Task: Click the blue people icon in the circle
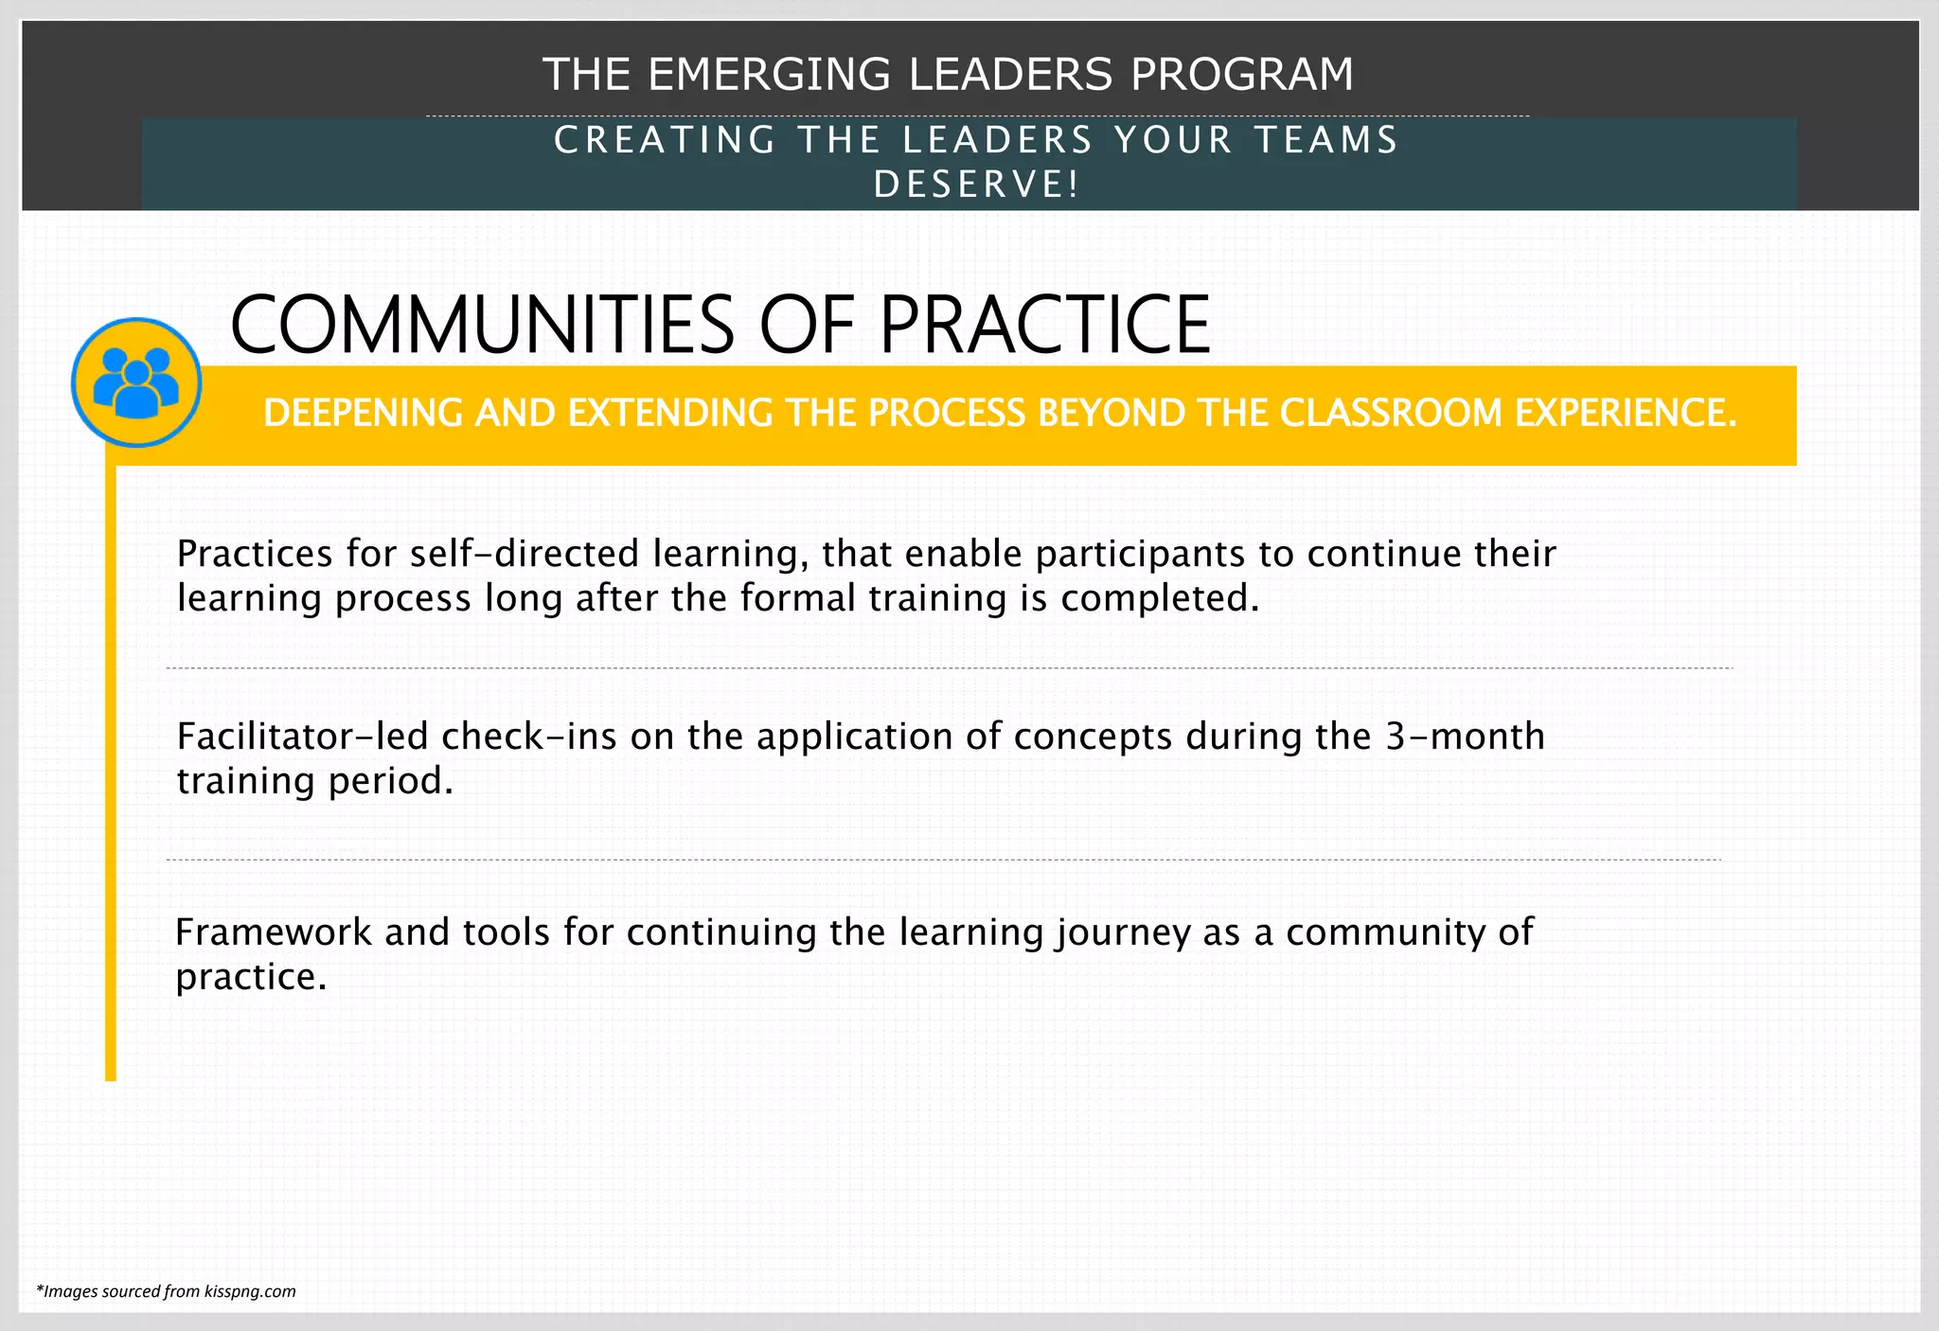click(x=136, y=382)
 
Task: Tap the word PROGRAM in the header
click(x=1242, y=74)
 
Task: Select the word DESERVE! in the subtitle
click(x=976, y=184)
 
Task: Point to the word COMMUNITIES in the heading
click(x=482, y=325)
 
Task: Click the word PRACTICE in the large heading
click(x=1045, y=325)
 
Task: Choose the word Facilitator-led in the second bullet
click(x=302, y=736)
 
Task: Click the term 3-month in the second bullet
click(x=1465, y=736)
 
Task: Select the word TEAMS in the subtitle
click(x=1325, y=140)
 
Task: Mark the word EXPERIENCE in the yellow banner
click(x=1626, y=413)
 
